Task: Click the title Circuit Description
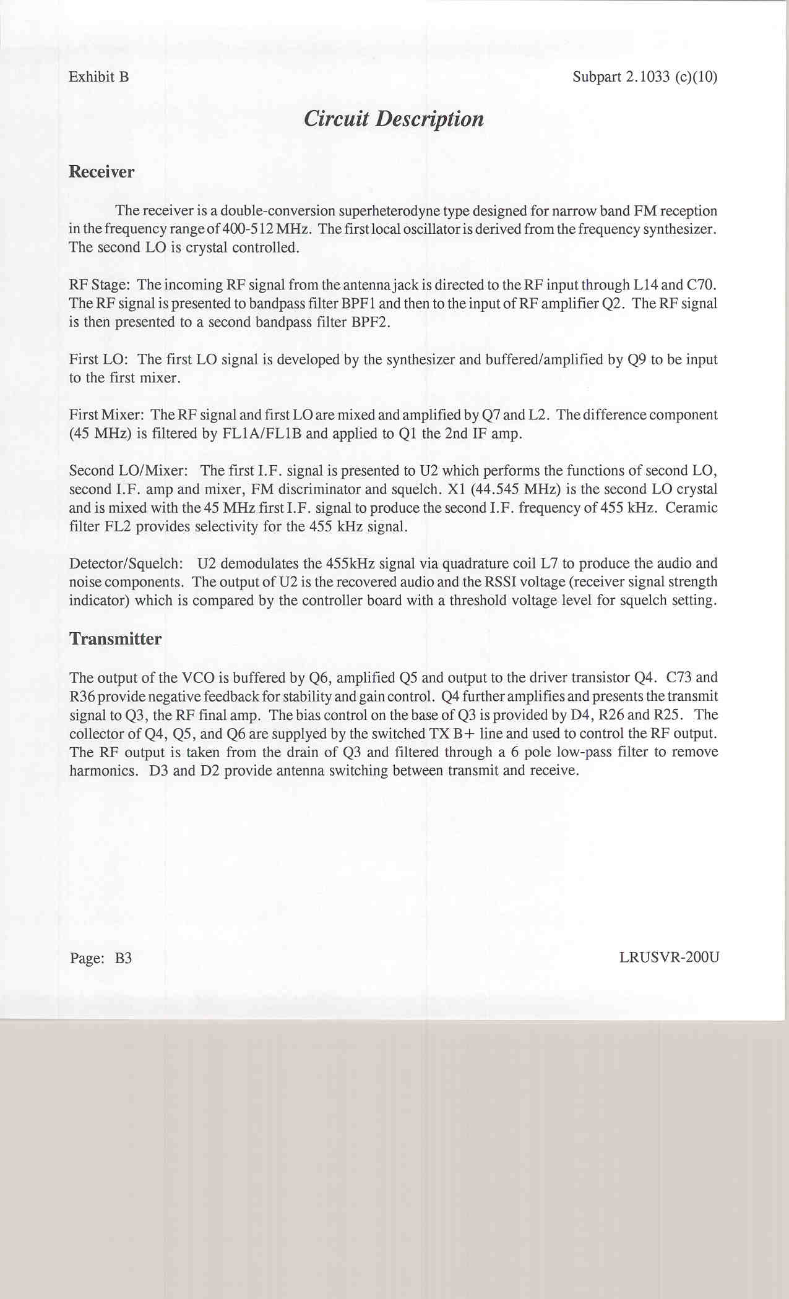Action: pos(394,119)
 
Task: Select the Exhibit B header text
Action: pos(99,77)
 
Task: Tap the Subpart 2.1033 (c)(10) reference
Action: pos(645,77)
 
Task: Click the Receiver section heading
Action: pos(101,171)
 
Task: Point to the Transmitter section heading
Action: pos(116,638)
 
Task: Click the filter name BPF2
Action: pos(370,322)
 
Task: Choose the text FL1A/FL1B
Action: pos(262,434)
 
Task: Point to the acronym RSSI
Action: pos(502,582)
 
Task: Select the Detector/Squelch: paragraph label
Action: pos(126,564)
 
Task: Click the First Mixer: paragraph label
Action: pos(106,415)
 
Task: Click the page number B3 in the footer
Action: pos(123,958)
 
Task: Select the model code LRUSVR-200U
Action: pos(669,958)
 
